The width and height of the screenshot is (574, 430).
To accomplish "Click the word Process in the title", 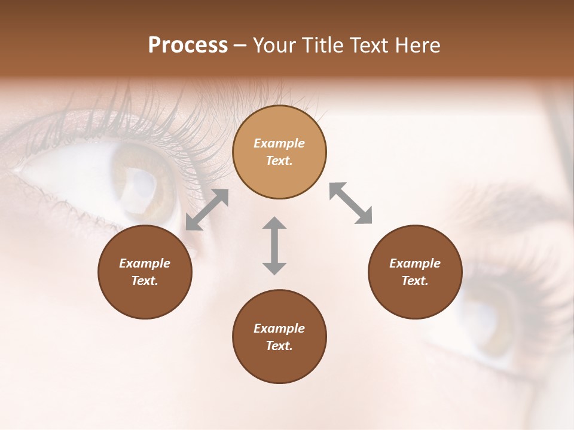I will coord(188,45).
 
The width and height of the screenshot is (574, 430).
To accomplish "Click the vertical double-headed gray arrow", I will coord(274,245).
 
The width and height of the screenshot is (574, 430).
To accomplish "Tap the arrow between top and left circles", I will coord(207,210).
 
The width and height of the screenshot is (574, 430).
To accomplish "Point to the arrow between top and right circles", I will coord(351,203).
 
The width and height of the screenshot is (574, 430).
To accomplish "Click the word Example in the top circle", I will coord(279,143).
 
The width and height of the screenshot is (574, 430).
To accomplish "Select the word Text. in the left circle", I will coord(145,281).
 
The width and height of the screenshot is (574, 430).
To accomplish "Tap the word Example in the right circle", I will coord(415,263).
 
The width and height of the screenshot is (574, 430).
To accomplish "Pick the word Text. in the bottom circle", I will coord(279,346).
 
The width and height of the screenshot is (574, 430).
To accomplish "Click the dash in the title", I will coord(240,45).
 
